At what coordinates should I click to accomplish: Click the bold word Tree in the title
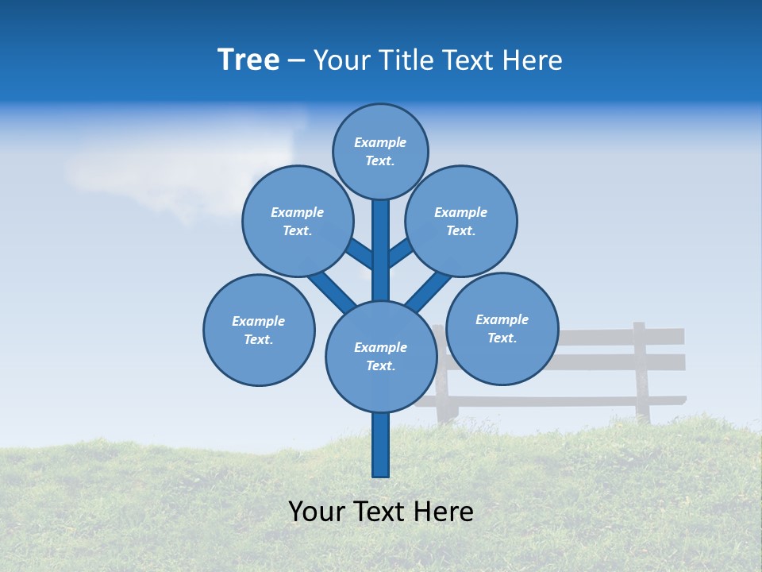point(248,60)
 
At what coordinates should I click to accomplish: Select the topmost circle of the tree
point(380,151)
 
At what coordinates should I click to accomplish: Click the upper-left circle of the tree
point(298,221)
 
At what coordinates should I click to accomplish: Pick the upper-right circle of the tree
point(461,221)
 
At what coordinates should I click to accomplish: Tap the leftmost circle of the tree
point(259,330)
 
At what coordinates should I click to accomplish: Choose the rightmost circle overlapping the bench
point(502,328)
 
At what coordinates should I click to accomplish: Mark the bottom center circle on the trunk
point(380,357)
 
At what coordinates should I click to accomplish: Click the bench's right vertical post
point(641,369)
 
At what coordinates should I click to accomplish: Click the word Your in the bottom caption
point(317,512)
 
